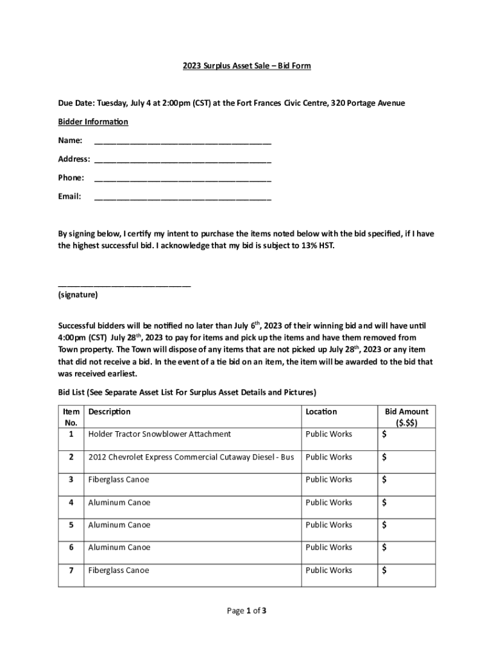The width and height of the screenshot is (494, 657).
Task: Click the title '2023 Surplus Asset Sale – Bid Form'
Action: pos(247,65)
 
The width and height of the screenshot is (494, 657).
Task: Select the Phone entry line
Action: pos(182,179)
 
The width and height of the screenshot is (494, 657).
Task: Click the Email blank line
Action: pos(182,198)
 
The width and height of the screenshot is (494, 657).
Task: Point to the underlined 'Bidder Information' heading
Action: pos(93,122)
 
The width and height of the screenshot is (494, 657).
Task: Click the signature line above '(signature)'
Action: pos(124,284)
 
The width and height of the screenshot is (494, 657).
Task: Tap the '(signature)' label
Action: pos(78,295)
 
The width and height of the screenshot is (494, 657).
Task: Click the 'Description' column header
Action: pos(109,412)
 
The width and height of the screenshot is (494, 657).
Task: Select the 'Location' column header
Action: pos(321,412)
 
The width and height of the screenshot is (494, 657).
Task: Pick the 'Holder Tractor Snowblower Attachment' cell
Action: pos(159,434)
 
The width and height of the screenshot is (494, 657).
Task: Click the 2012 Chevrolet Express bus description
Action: pos(191,457)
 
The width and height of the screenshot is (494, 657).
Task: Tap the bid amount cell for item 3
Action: pos(406,480)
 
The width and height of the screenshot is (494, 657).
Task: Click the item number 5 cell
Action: pos(71,525)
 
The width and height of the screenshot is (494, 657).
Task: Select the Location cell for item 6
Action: pos(328,547)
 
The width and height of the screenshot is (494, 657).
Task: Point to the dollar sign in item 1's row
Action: pos(384,435)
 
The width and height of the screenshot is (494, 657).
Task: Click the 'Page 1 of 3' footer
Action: pos(246,611)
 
